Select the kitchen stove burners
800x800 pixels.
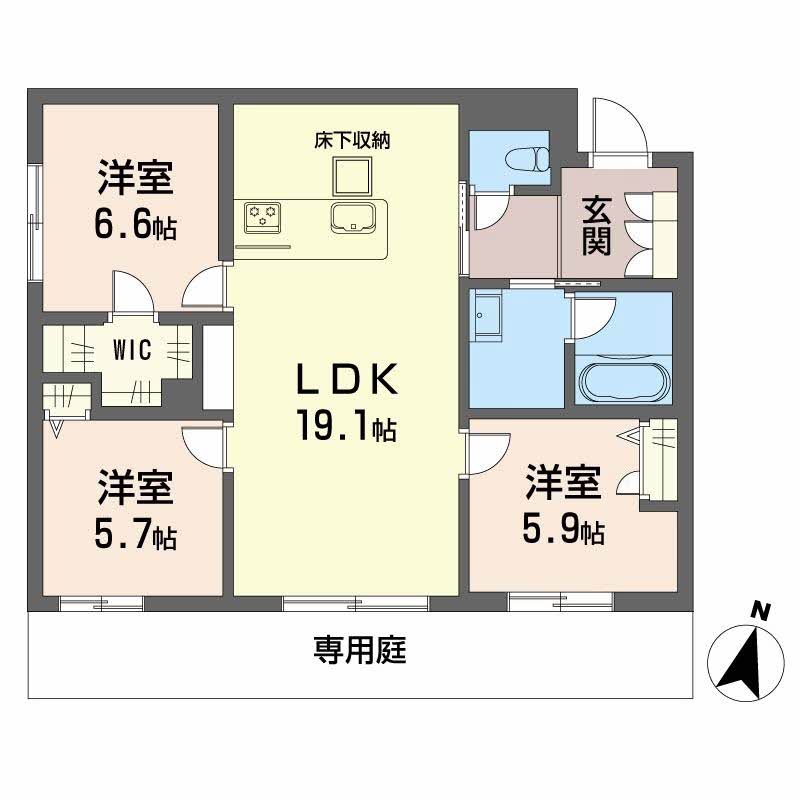tap(263, 215)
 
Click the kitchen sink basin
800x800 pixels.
tap(355, 216)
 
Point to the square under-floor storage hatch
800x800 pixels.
tap(352, 176)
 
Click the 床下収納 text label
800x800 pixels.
tap(352, 141)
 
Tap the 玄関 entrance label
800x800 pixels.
tap(597, 227)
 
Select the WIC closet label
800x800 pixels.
tap(132, 351)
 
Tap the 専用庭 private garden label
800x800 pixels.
tap(359, 653)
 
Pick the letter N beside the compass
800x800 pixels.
tap(763, 609)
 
